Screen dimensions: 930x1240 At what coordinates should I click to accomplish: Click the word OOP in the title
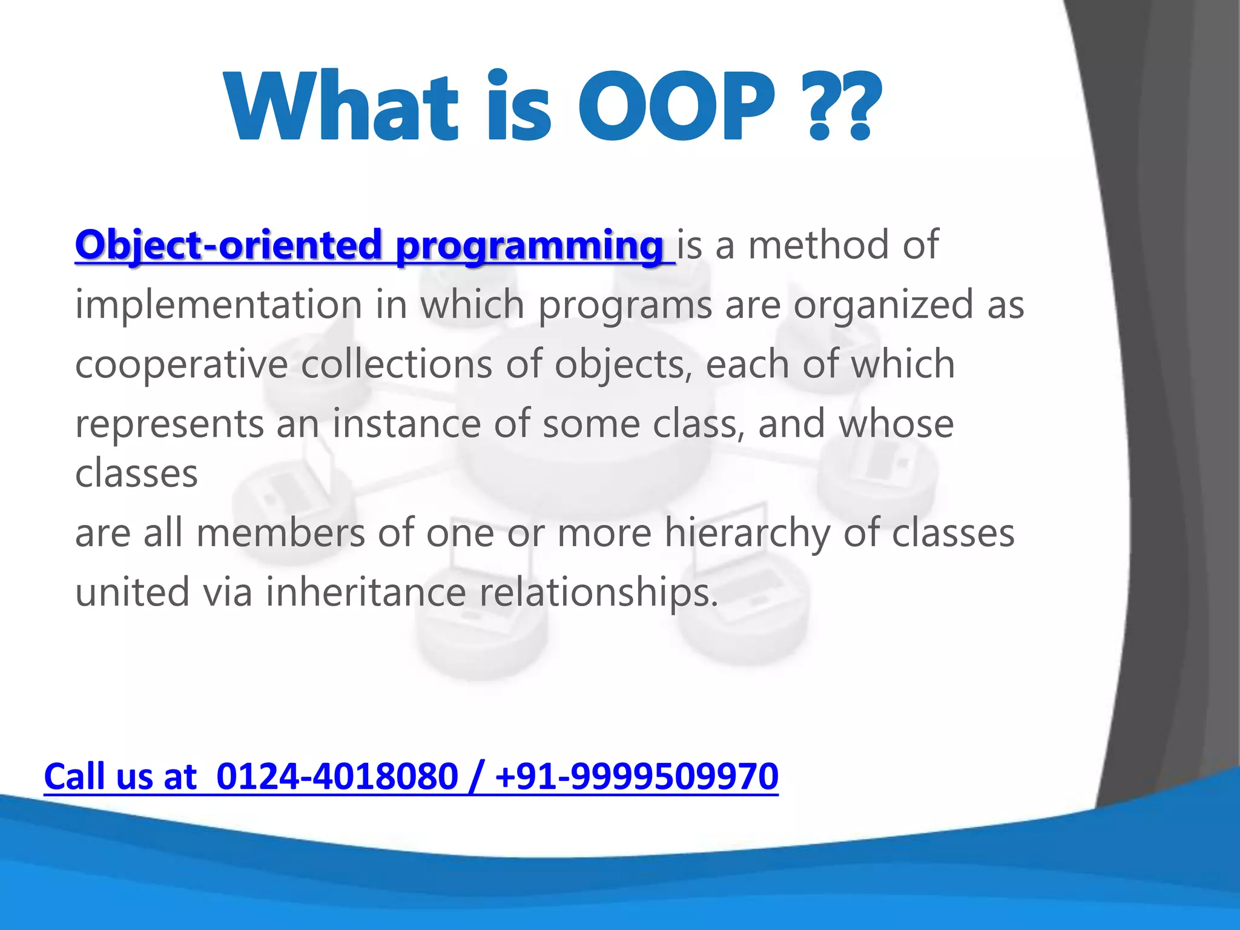click(x=676, y=108)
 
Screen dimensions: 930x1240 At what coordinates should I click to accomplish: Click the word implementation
click(x=218, y=305)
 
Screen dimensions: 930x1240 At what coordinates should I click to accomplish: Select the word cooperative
click(x=181, y=365)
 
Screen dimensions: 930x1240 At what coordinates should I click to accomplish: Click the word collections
click(x=397, y=364)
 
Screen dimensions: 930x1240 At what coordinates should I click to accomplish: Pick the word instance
click(x=406, y=423)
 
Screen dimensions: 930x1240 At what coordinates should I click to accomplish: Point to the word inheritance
click(x=366, y=592)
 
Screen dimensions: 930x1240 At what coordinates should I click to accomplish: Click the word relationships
click(x=598, y=593)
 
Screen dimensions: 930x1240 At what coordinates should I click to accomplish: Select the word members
click(x=280, y=533)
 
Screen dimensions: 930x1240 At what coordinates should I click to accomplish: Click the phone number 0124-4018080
click(x=337, y=776)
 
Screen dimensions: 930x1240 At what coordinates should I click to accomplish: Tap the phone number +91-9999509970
click(x=636, y=776)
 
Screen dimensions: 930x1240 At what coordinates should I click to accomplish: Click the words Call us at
click(x=120, y=776)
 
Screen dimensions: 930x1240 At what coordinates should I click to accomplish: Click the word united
click(x=132, y=592)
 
